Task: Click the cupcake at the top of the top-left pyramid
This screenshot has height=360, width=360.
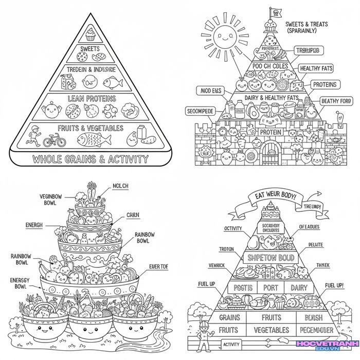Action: click(x=91, y=35)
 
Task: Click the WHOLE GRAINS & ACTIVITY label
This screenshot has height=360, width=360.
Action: click(x=90, y=159)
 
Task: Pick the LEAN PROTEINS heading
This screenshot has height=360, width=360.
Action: click(x=91, y=97)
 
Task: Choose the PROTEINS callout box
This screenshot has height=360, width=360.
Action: click(x=324, y=84)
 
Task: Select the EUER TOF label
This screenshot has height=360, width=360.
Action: click(x=158, y=267)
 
